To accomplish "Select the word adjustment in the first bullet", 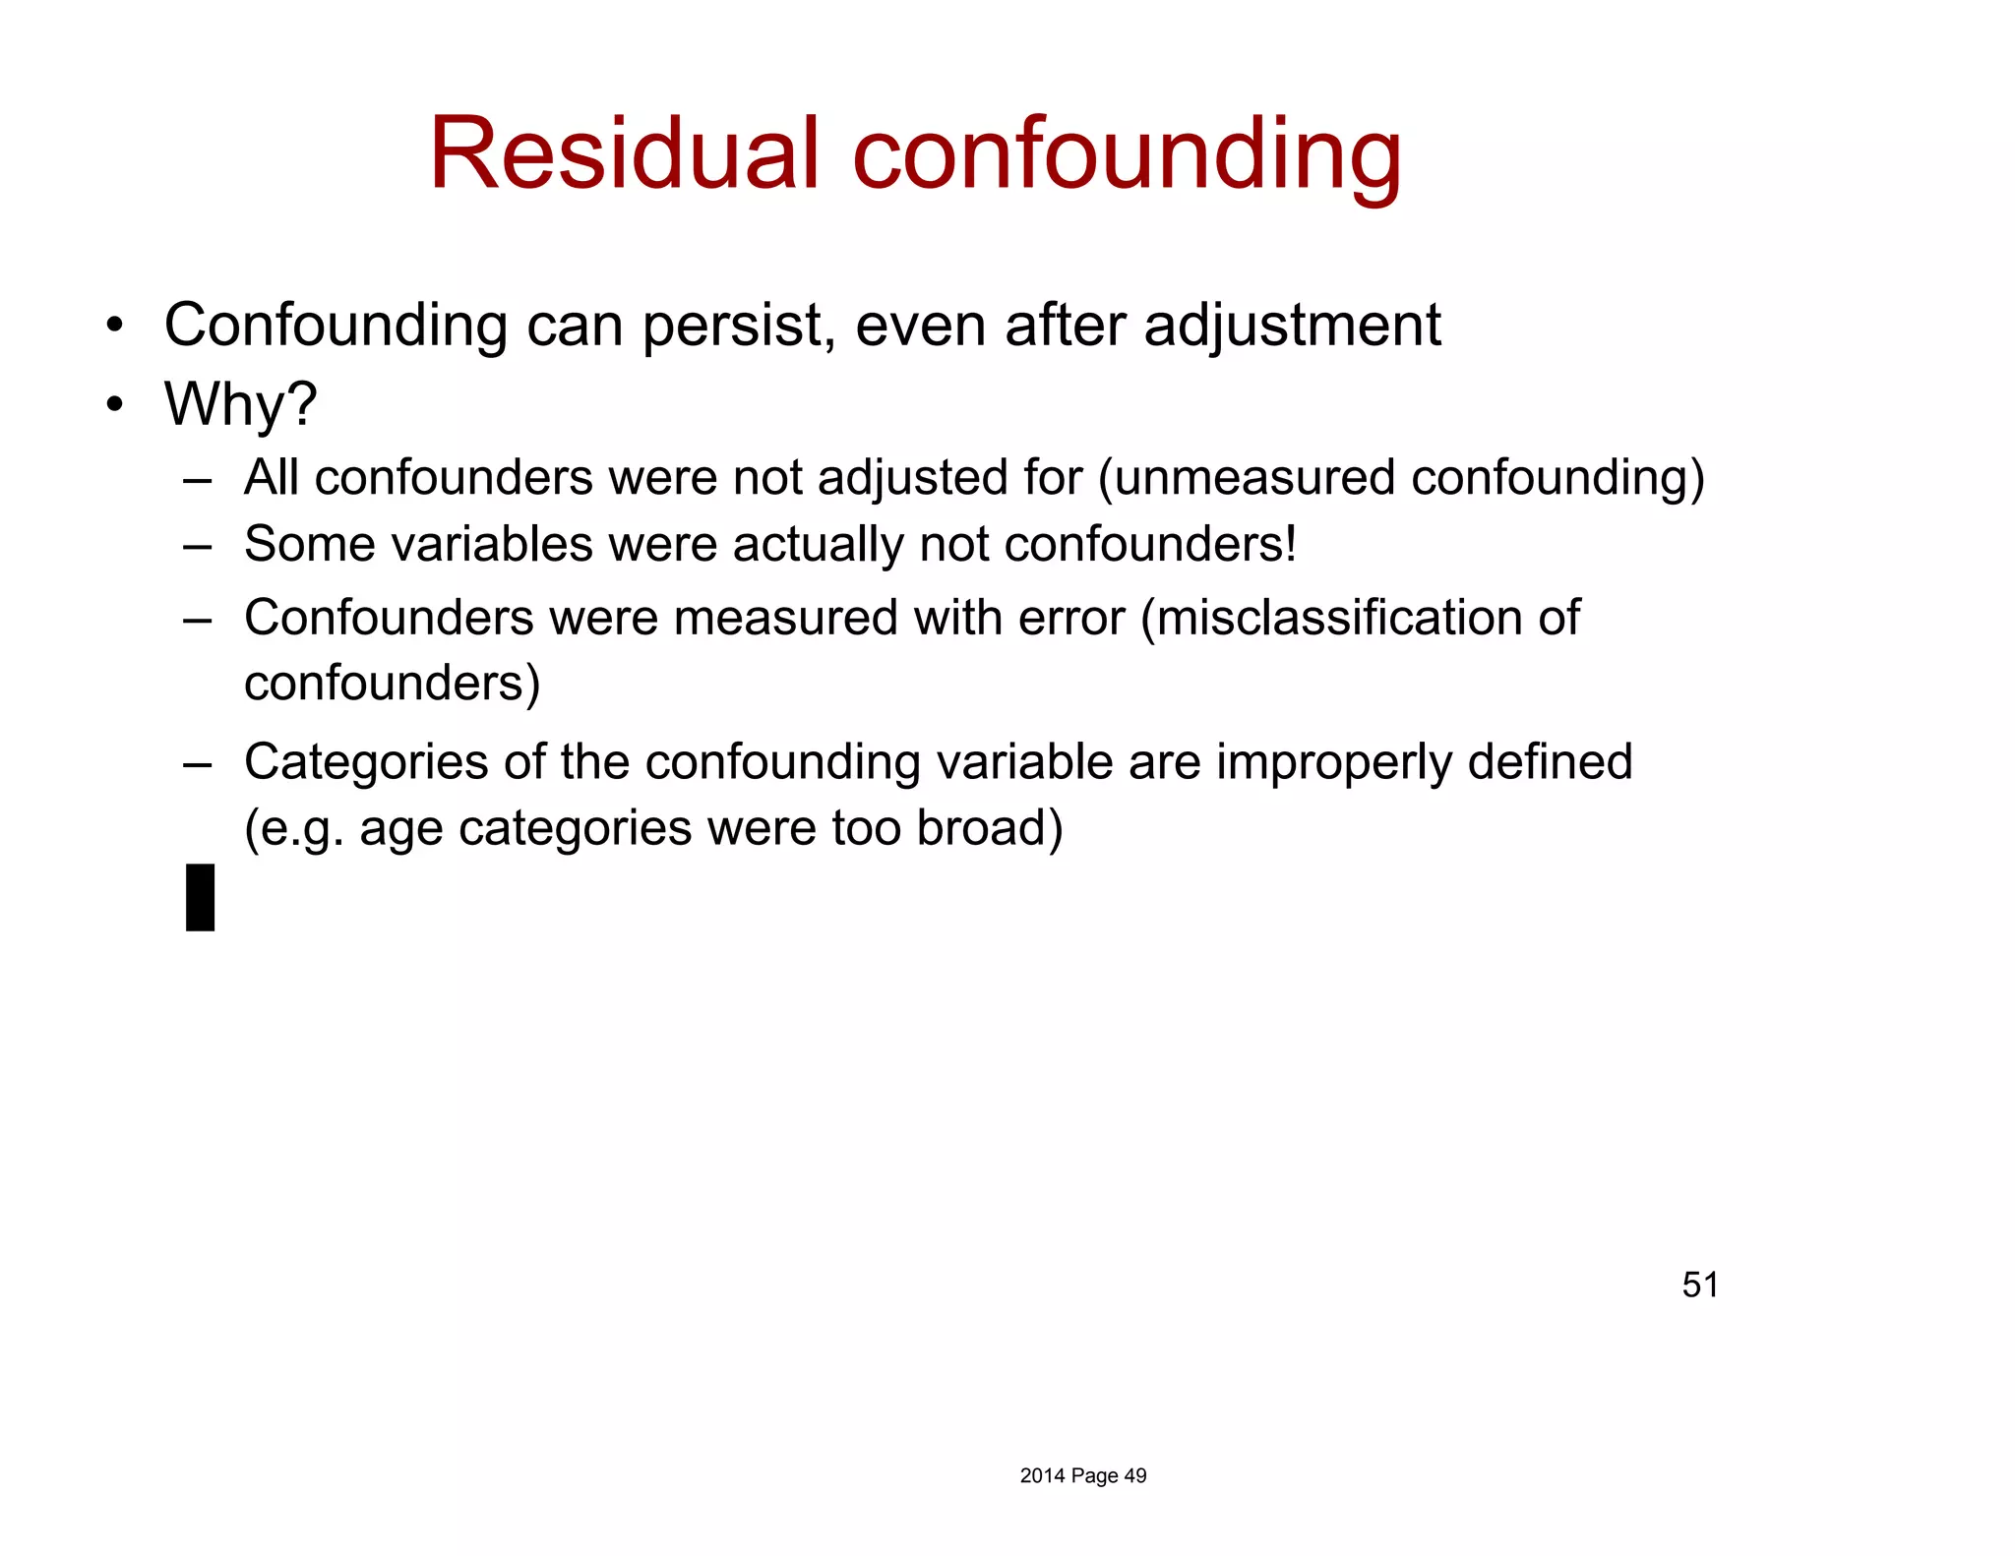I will coord(1292,327).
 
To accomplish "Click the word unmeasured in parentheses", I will coord(1254,478).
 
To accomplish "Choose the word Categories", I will coord(366,762).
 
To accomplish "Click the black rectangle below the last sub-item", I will coord(201,897).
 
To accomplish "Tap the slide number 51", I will coord(1700,1285).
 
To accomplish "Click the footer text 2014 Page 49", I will coord(1083,1475).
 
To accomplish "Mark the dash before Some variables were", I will coord(198,546).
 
